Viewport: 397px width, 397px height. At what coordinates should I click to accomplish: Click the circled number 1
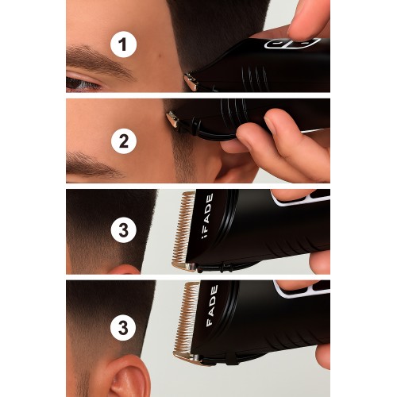click(123, 44)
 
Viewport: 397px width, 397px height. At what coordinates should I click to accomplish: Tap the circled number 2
click(124, 141)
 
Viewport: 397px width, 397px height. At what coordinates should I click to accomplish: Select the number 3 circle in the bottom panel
click(123, 328)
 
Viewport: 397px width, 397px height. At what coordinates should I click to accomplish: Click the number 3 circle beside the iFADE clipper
click(124, 229)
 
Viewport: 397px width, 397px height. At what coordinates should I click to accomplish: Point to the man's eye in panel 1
click(82, 83)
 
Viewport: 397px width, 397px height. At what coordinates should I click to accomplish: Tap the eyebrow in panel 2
click(93, 165)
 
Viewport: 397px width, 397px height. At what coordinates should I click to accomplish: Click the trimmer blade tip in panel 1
click(191, 82)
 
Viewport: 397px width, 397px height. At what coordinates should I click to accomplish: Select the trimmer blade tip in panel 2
click(172, 119)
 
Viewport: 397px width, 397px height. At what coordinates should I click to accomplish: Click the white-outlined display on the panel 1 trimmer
click(292, 43)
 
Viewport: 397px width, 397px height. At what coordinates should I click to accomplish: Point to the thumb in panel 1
click(308, 20)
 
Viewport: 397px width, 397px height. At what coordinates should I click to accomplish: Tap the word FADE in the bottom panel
click(212, 306)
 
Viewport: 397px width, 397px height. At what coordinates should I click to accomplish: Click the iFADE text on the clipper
click(207, 216)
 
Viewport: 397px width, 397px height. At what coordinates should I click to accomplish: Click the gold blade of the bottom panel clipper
click(186, 321)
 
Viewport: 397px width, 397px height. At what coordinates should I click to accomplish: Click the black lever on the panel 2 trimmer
click(212, 133)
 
